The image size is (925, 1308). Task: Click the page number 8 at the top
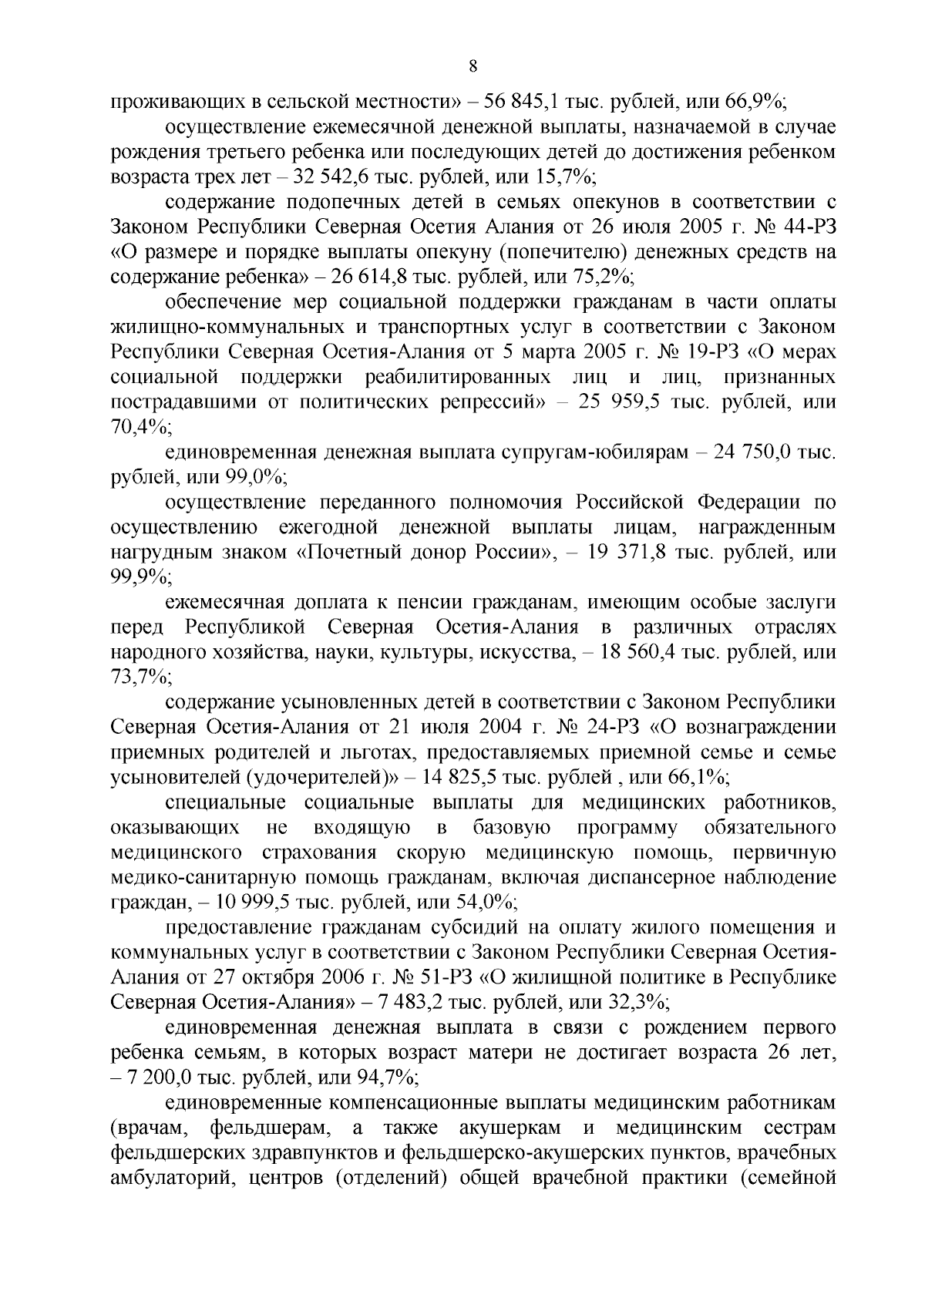473,67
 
